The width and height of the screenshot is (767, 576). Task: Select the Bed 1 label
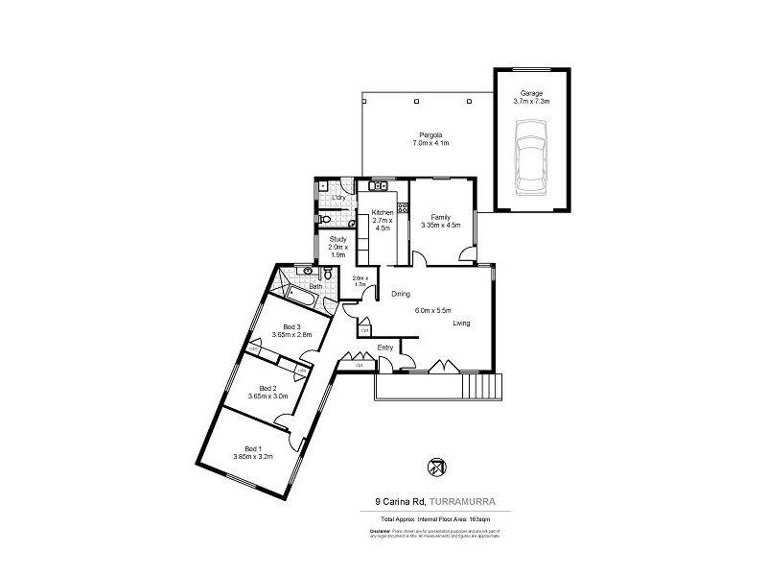point(253,449)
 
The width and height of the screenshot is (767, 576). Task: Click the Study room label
point(337,239)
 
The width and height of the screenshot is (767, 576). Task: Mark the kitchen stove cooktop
point(402,205)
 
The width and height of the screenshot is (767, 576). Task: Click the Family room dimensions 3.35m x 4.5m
point(441,226)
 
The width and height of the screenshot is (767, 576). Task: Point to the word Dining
point(401,294)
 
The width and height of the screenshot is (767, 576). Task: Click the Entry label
point(385,348)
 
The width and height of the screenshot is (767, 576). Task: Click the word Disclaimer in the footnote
point(382,530)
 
